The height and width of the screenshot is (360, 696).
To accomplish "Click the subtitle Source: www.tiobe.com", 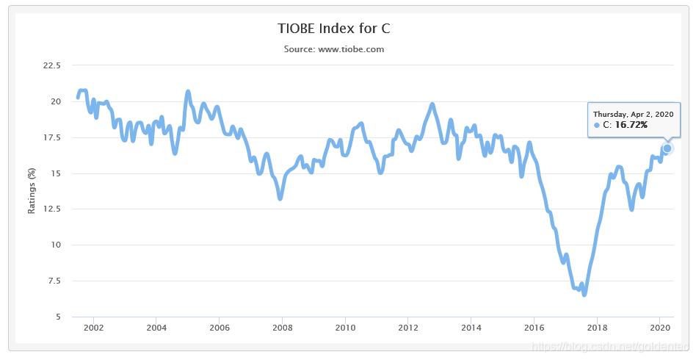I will [334, 49].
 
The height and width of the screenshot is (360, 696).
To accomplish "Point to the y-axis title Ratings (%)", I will [32, 190].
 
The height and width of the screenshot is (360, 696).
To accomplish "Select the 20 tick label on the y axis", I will [56, 101].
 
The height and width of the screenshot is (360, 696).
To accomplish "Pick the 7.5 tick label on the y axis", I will [54, 281].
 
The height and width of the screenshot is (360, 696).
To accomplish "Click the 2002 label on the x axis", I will [93, 328].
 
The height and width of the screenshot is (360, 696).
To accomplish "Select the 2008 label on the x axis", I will [282, 328].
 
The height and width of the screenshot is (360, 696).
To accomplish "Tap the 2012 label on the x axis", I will [408, 328].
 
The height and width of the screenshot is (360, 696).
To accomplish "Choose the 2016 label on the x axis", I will [534, 328].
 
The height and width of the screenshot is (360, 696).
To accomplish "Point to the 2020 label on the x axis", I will [661, 328].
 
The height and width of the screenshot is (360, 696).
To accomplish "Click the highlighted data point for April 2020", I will [667, 148].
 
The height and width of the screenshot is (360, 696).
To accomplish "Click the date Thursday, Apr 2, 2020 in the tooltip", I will [633, 114].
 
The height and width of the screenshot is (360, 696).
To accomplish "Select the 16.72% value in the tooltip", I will [631, 126].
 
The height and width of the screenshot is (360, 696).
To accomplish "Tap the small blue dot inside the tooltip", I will [597, 126].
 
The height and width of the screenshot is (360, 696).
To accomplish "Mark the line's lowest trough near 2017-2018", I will [584, 294].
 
